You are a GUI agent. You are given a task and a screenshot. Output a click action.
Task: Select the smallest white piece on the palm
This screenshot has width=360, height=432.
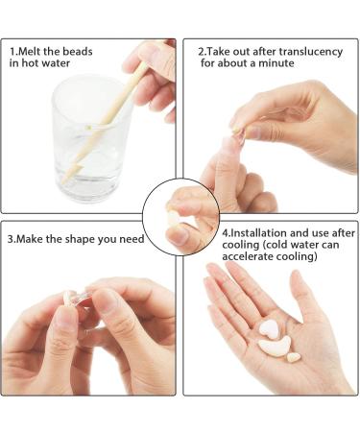pos(293,357)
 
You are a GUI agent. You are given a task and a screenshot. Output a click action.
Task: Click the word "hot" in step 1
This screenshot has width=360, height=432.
pos(30,62)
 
